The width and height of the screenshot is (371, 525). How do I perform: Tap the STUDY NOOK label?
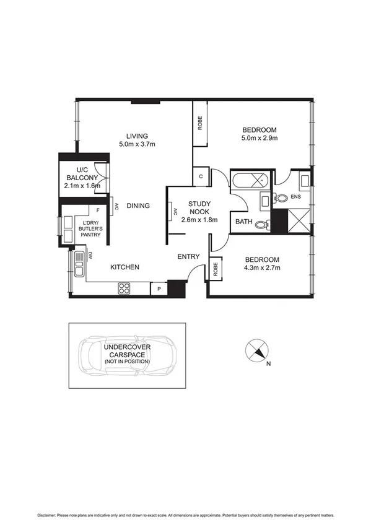201,206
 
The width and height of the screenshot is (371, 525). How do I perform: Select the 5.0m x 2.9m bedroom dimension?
260,138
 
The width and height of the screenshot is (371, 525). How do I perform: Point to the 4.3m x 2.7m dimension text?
261,268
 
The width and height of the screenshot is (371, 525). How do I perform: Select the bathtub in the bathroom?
250,181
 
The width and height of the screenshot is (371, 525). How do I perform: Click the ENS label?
295,197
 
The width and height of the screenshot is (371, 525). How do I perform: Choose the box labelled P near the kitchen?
159,289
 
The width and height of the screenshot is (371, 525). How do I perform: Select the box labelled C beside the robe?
201,176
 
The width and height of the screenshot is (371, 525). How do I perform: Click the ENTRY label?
188,256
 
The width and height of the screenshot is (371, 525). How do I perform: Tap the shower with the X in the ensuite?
299,221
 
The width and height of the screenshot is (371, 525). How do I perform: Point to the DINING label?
138,206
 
